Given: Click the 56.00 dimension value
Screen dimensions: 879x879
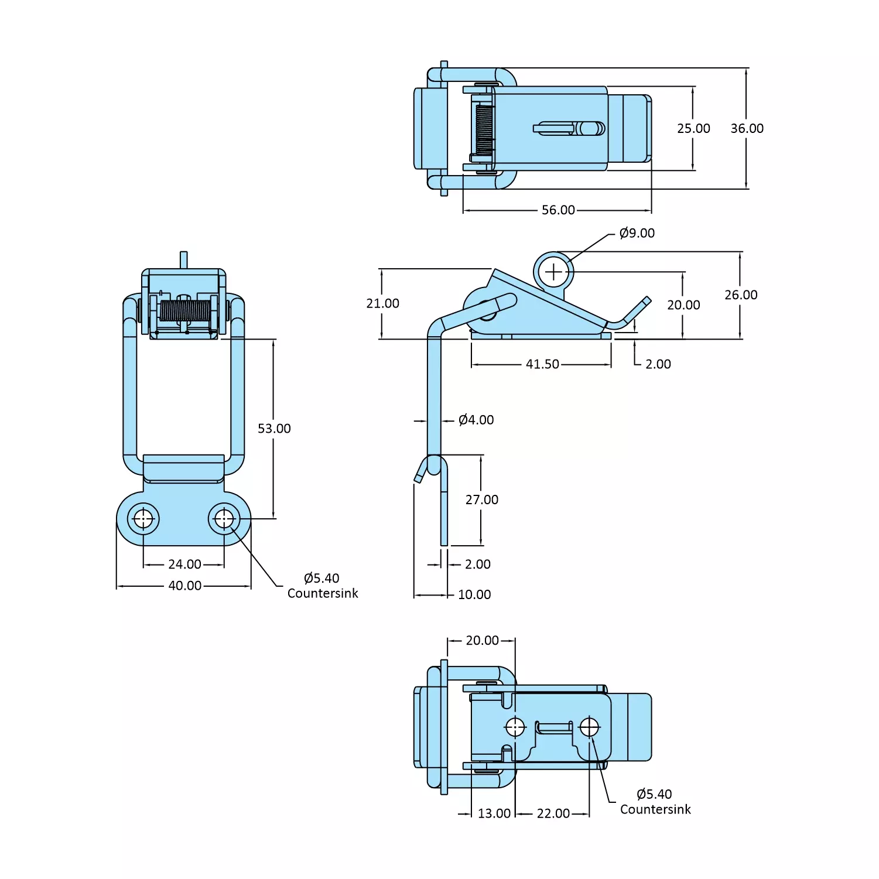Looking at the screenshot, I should (x=558, y=210).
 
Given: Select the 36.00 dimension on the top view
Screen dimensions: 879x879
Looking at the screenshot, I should (x=747, y=129).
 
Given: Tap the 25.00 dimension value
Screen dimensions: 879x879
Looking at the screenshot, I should (x=693, y=129).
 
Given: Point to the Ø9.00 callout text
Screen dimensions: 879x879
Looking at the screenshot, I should (x=637, y=233).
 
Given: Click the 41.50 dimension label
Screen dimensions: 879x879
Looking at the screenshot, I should (x=542, y=364).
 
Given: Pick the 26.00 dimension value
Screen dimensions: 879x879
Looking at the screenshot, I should (x=741, y=295).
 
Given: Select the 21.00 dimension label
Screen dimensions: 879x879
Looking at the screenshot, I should (x=382, y=303).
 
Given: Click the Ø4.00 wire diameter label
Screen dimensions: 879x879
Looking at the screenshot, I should (x=476, y=420).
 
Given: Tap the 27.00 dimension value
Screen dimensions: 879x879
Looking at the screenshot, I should (x=482, y=500).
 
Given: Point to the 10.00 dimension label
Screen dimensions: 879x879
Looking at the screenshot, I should (x=474, y=594).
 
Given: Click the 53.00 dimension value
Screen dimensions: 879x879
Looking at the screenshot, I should (x=274, y=429).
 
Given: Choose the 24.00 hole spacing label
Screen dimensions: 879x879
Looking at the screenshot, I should (x=184, y=565).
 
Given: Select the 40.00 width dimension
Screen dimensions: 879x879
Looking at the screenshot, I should (x=184, y=586).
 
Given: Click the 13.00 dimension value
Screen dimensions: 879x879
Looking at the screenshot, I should (x=494, y=813).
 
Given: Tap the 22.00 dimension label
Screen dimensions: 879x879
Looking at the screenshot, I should (x=553, y=813).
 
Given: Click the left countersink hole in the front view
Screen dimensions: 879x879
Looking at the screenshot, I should (x=143, y=519).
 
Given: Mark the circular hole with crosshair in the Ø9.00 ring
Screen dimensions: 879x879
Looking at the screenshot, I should (x=553, y=272).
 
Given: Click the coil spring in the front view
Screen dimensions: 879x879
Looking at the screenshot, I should (x=184, y=311).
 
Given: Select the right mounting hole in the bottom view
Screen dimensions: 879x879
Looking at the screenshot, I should (x=589, y=727).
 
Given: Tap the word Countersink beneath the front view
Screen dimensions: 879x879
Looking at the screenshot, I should (x=323, y=593).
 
